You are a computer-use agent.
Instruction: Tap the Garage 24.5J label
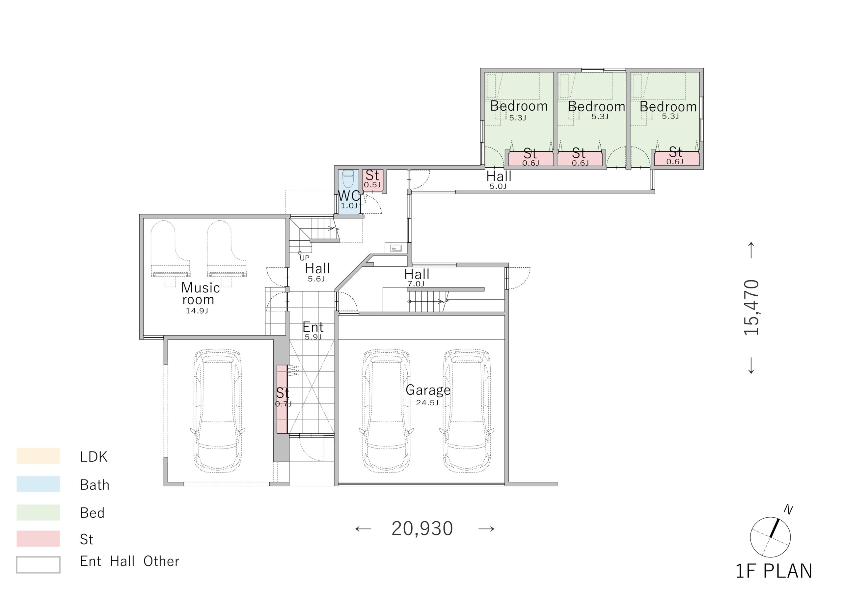[428, 395]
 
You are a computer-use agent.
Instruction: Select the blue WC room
[348, 192]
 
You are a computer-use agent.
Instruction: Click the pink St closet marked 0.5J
[373, 180]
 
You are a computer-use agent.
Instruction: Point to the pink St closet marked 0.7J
[282, 399]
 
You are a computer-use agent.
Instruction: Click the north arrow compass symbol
[770, 537]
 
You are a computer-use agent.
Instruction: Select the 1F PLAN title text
[774, 571]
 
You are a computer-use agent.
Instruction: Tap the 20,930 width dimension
[422, 529]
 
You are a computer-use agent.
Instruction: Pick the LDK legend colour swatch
[38, 456]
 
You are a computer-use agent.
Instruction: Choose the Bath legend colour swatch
[38, 484]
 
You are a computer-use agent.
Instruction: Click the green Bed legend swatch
[38, 512]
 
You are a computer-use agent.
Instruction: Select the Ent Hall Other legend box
[38, 564]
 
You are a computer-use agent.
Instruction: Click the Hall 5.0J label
[499, 179]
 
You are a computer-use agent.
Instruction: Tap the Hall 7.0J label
[417, 278]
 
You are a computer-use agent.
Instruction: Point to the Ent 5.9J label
[313, 331]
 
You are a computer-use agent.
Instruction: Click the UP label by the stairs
[304, 258]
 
